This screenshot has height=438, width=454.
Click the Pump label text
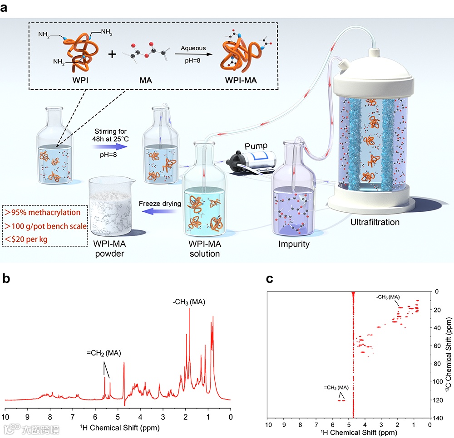(257, 146)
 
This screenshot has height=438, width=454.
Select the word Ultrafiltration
(375, 222)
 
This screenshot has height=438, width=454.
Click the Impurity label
(294, 244)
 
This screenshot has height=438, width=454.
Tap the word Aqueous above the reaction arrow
(193, 48)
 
